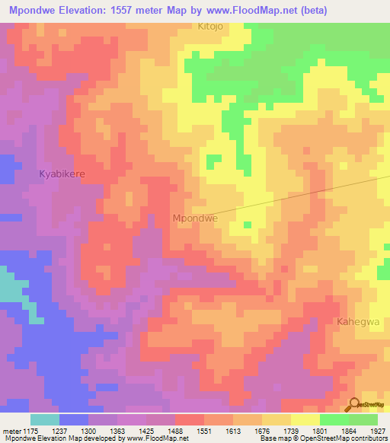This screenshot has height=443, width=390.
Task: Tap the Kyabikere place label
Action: (62, 174)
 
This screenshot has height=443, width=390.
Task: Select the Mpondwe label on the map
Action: (196, 218)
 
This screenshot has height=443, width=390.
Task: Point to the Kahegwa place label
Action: (358, 322)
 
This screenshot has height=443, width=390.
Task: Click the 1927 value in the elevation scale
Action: (369, 430)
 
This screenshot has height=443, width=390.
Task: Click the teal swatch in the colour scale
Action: (44, 419)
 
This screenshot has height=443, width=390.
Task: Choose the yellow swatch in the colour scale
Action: (305, 419)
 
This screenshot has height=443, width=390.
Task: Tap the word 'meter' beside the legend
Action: (14, 430)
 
